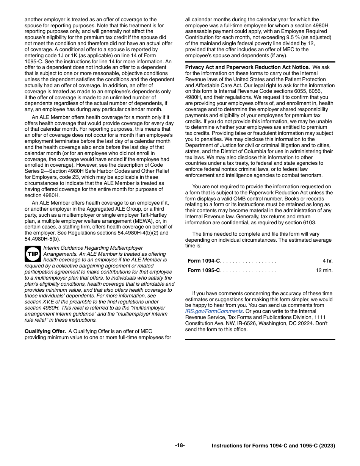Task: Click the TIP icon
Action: pyautogui.click(x=33, y=254)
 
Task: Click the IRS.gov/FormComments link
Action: pyautogui.click(x=214, y=311)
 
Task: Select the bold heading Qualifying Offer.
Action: pyautogui.click(x=45, y=331)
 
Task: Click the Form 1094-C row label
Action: pyautogui.click(x=203, y=261)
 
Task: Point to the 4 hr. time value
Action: pyautogui.click(x=327, y=261)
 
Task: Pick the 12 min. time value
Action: pyautogui.click(x=324, y=271)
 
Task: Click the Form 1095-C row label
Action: pyautogui.click(x=203, y=271)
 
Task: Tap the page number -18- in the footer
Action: pyautogui.click(x=180, y=446)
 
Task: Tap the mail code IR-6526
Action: pyautogui.click(x=239, y=324)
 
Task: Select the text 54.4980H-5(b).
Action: pyautogui.click(x=42, y=239)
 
